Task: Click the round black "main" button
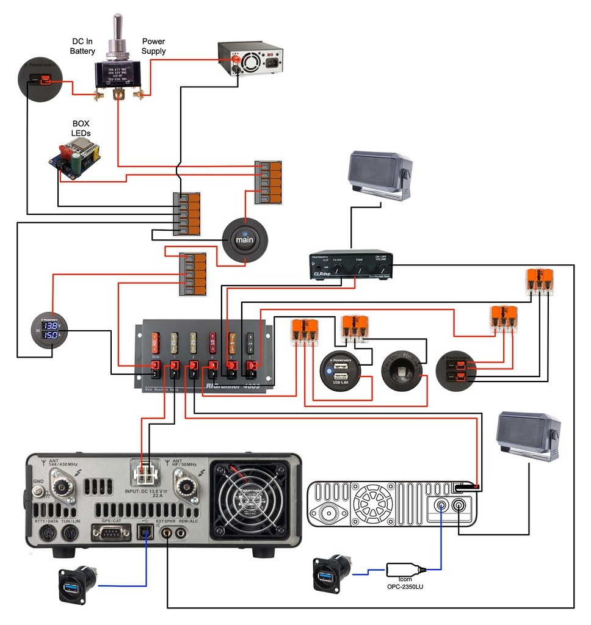(x=244, y=239)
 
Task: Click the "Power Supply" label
(x=153, y=46)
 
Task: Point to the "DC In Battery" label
(x=82, y=46)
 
